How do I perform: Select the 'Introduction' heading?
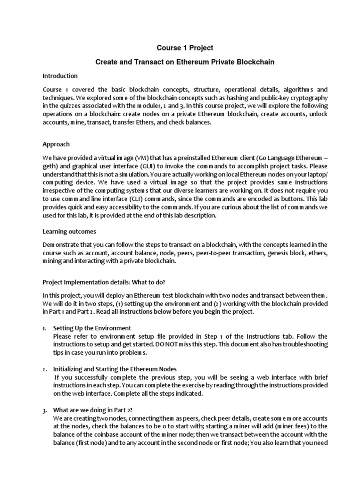(x=60, y=75)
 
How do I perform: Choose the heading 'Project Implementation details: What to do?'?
(x=104, y=283)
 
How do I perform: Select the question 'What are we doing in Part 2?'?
(x=93, y=410)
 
